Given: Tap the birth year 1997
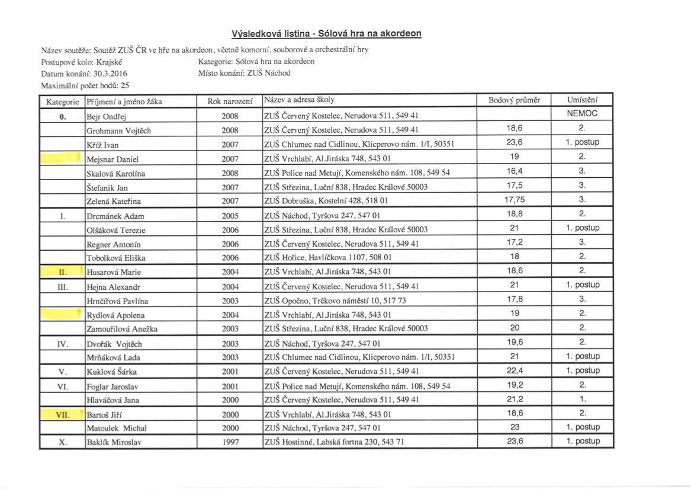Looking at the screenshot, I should [x=230, y=442].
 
